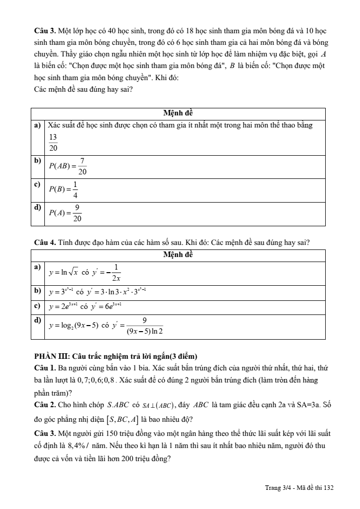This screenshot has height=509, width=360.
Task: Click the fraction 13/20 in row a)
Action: pyautogui.click(x=53, y=143)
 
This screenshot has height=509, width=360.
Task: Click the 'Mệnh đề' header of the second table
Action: pyautogui.click(x=178, y=254)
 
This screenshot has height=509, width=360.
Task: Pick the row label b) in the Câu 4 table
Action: pyautogui.click(x=37, y=291)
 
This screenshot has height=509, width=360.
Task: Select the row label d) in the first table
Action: pyautogui.click(x=37, y=207)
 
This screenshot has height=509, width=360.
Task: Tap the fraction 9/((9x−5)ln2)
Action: pyautogui.click(x=145, y=326)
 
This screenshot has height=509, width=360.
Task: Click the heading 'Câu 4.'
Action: pyautogui.click(x=42, y=243)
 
